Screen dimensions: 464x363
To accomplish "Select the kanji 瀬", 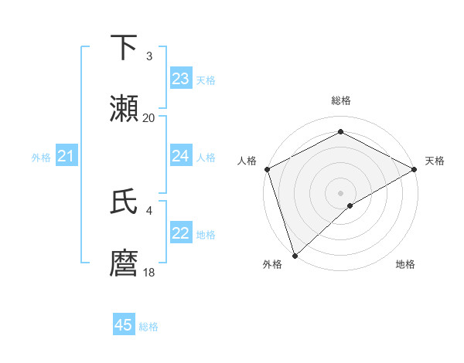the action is point(125,108).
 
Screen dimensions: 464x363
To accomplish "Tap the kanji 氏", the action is point(125,202).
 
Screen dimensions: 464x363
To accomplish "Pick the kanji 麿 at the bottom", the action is point(125,263).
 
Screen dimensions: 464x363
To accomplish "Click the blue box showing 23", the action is point(181,79).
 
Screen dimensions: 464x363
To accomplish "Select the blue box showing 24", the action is point(181,156).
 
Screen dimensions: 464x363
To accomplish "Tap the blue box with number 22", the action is point(181,233).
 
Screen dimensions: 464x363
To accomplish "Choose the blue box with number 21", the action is point(67,157).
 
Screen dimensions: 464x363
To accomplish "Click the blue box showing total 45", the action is point(124,325).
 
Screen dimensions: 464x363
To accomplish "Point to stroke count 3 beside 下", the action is point(149,56).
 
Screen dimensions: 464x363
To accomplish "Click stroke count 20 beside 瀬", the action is point(149,118).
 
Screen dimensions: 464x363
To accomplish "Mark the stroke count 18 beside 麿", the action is point(149,273).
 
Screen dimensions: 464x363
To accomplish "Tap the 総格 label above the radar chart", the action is point(340,100).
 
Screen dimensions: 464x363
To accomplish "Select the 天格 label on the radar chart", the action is point(435,161).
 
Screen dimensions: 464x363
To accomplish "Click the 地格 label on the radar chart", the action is point(405,265).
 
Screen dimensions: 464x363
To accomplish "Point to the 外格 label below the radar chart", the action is point(272,265).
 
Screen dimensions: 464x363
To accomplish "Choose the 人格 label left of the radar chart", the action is point(247,161).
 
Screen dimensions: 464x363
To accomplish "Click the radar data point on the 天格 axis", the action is point(415,169).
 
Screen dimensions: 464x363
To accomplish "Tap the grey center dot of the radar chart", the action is point(340,192).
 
